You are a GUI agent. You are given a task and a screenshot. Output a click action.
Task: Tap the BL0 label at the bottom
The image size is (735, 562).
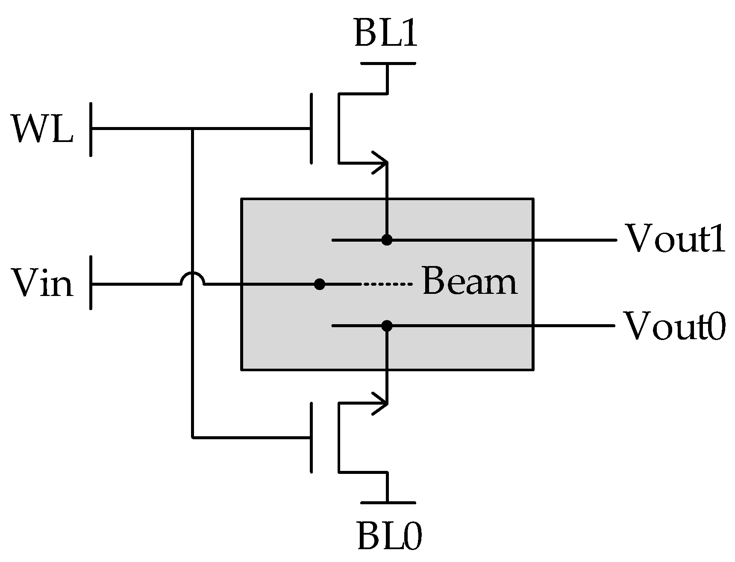pos(389,535)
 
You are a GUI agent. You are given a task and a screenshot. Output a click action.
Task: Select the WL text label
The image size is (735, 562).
pos(43,129)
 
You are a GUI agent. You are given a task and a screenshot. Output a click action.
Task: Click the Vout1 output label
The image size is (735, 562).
pos(675,239)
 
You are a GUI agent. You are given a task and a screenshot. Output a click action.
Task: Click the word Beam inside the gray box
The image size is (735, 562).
pos(470,281)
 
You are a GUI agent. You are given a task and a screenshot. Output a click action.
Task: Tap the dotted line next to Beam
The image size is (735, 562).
pos(387,284)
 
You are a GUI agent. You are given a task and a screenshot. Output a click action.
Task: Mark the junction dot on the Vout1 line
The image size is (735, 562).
pos(387,240)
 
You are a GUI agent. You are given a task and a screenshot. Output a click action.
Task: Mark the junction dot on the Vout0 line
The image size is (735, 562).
pos(387,326)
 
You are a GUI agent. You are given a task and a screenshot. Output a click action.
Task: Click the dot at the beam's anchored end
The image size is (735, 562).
pos(319,284)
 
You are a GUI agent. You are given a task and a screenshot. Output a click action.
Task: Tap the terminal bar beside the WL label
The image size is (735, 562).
pos(91,129)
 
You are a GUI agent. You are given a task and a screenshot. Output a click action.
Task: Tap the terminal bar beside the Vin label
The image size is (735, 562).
pos(91,282)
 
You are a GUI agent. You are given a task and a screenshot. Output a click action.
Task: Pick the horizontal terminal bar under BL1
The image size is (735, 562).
pos(388,63)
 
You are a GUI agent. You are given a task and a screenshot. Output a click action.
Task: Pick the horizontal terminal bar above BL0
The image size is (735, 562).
pos(388,503)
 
